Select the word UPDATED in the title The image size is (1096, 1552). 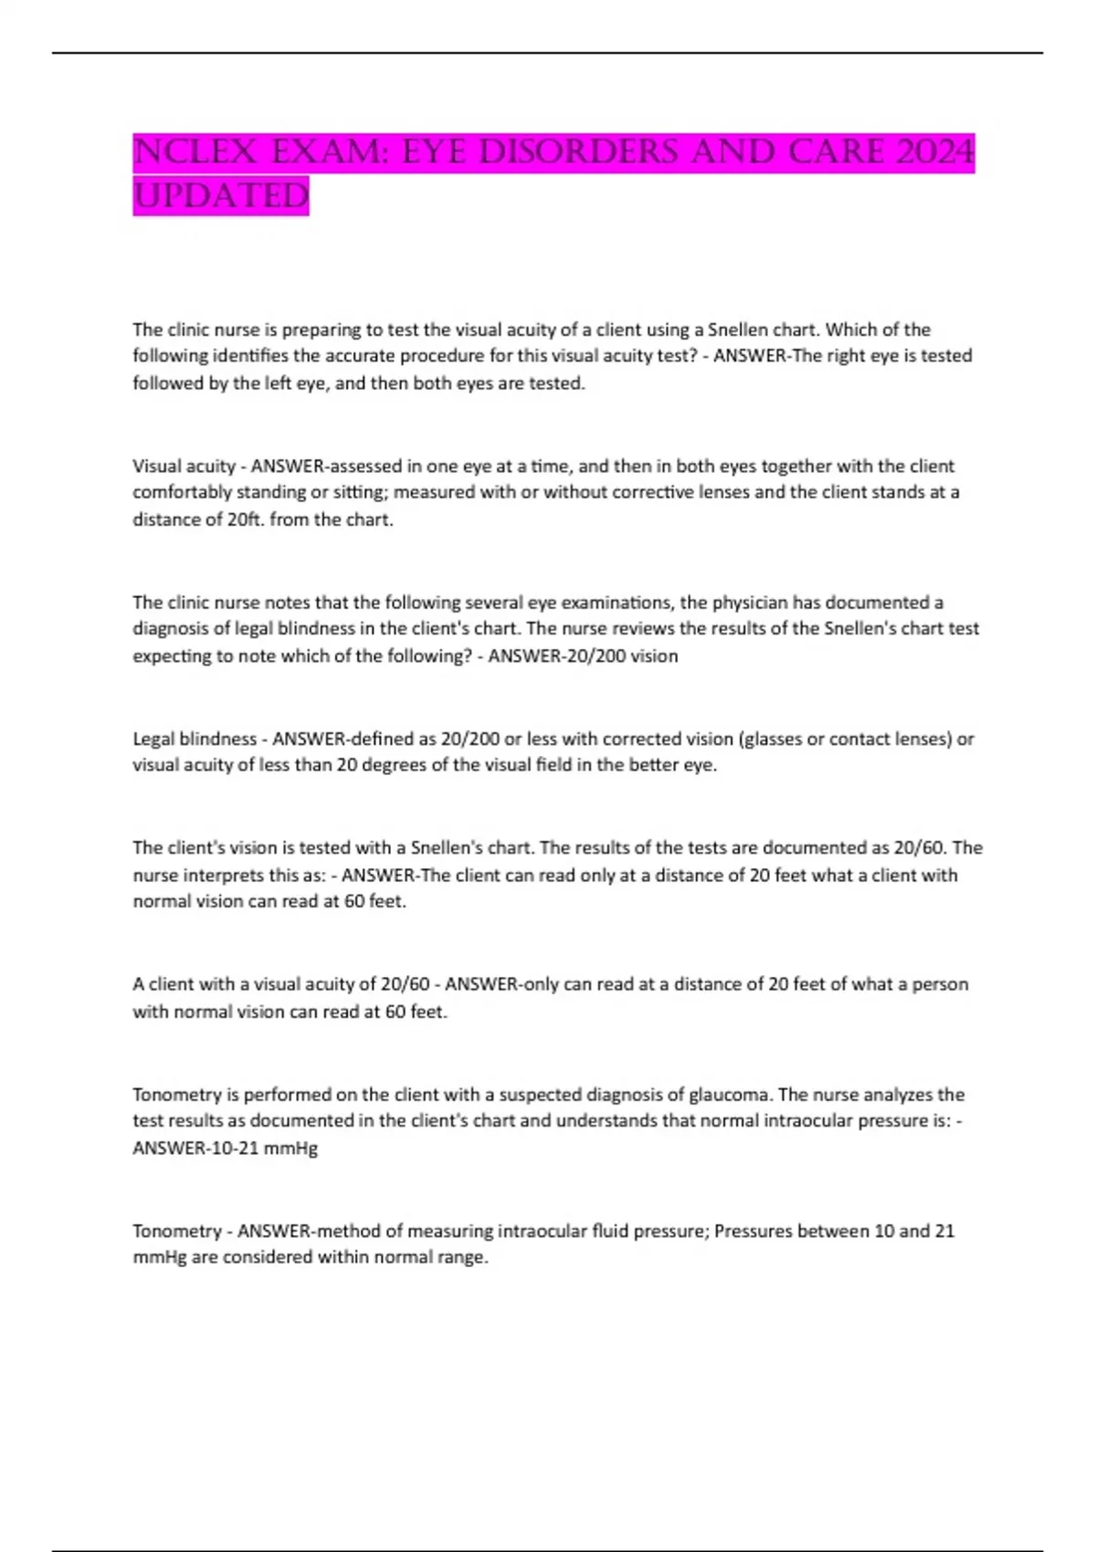(x=221, y=195)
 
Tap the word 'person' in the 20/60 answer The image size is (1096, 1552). (x=940, y=984)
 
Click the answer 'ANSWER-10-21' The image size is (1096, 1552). (x=195, y=1148)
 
